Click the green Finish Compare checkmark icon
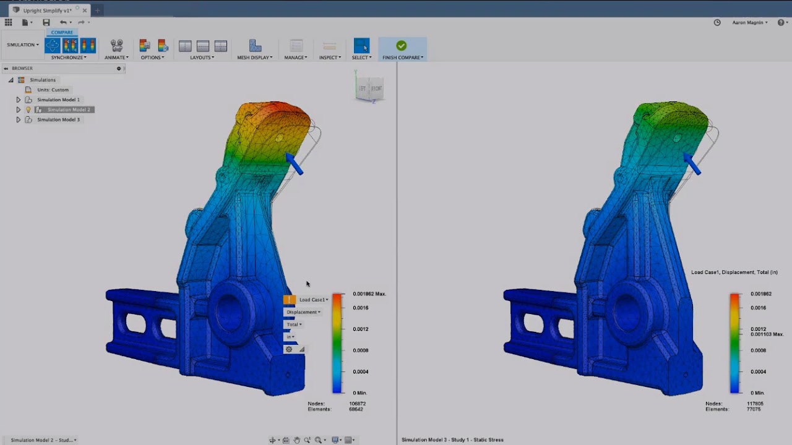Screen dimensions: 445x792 tap(401, 46)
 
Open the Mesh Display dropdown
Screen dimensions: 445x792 tap(254, 57)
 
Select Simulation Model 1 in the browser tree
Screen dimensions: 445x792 tap(58, 100)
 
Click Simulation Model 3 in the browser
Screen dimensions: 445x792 tap(58, 119)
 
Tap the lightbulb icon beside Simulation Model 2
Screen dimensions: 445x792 tap(28, 109)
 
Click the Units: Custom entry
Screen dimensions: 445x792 tap(53, 90)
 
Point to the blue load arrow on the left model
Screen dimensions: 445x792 tap(295, 164)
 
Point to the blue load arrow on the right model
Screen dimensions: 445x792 tap(692, 164)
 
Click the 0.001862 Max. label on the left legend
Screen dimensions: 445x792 tap(369, 294)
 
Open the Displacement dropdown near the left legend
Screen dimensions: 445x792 tap(303, 312)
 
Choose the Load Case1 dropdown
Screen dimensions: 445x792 tap(313, 300)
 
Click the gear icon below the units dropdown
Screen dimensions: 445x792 tap(289, 349)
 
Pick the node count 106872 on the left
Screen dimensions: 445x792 tap(357, 404)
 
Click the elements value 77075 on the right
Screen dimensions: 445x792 tap(754, 409)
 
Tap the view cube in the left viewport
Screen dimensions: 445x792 tap(369, 88)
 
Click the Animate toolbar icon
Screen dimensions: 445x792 tap(116, 46)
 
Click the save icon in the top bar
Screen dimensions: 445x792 tap(46, 23)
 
